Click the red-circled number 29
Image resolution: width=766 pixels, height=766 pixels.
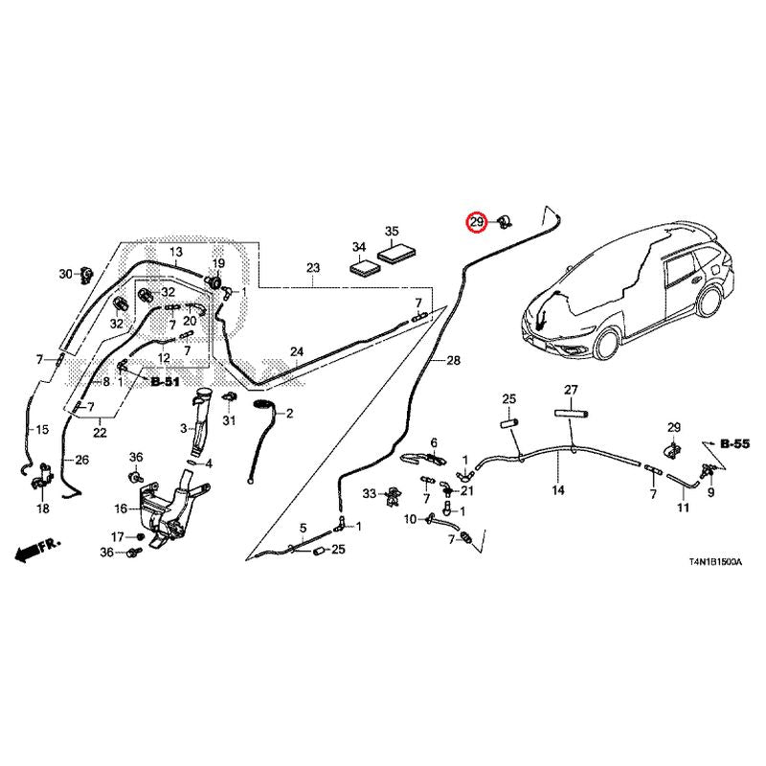(477, 223)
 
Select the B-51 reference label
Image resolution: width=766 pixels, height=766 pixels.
(165, 381)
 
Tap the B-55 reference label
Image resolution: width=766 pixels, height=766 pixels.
(734, 443)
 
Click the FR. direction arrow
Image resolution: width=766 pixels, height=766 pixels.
(37, 550)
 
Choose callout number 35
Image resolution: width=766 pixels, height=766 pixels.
(392, 231)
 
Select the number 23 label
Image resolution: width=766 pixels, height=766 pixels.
(313, 268)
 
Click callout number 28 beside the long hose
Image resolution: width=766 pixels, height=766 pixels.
(453, 361)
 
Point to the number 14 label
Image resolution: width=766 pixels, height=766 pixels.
(558, 489)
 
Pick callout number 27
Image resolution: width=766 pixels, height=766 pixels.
(571, 390)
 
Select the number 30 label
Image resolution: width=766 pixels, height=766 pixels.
(65, 274)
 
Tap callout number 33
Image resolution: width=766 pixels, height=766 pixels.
(370, 493)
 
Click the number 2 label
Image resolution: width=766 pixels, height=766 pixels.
(289, 414)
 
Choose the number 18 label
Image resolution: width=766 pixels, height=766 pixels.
(43, 508)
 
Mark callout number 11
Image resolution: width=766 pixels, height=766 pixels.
(683, 507)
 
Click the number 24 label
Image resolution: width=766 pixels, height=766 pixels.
(297, 351)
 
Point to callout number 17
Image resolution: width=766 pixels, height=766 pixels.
(117, 537)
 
